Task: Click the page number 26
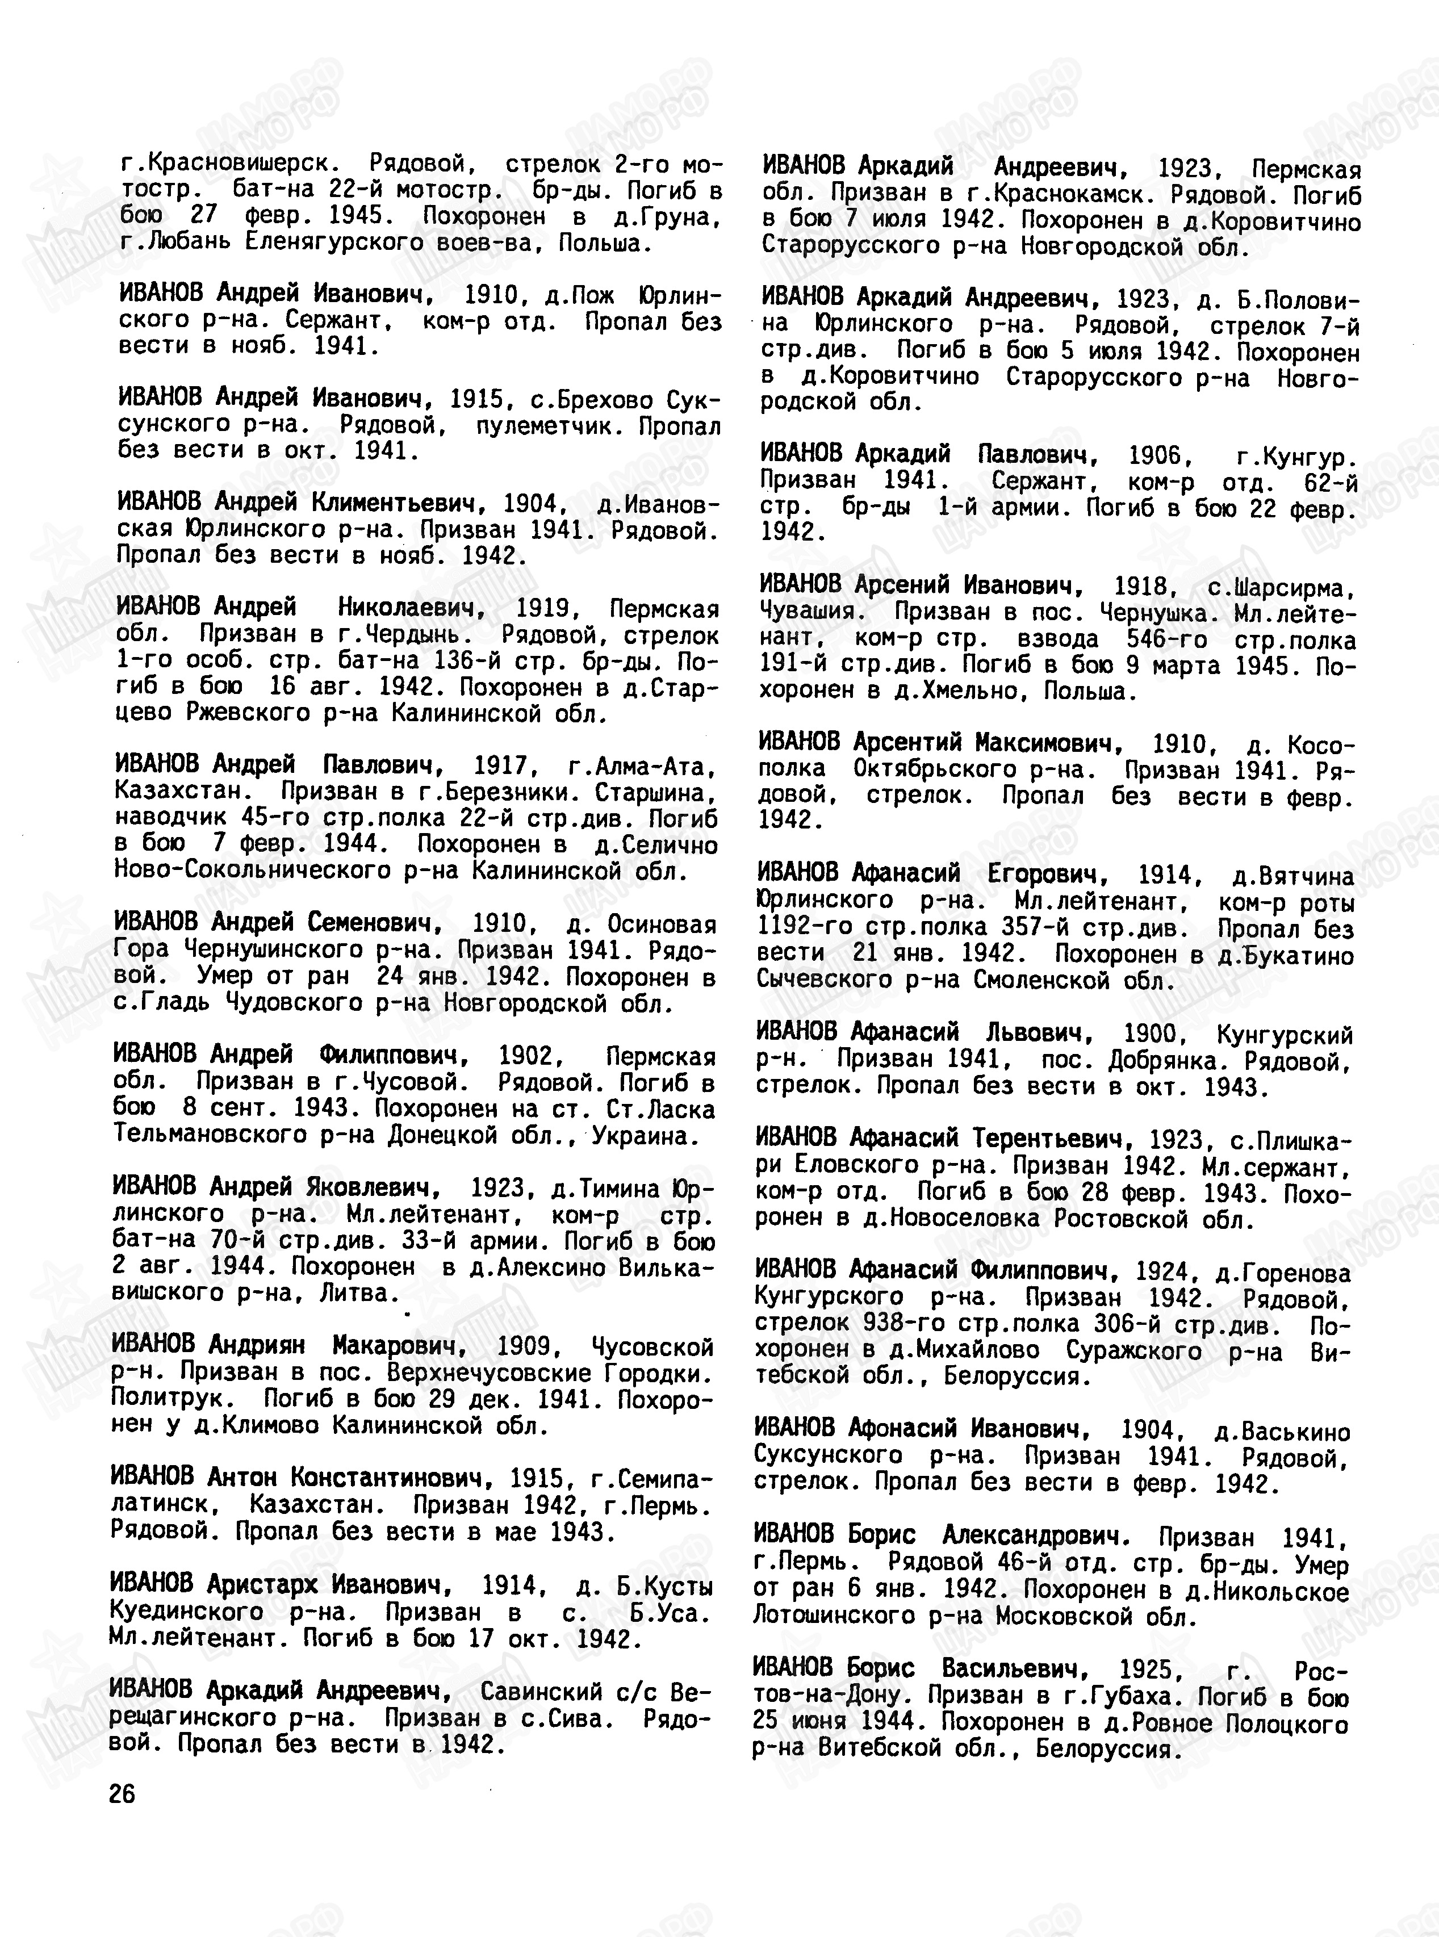point(123,1794)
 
